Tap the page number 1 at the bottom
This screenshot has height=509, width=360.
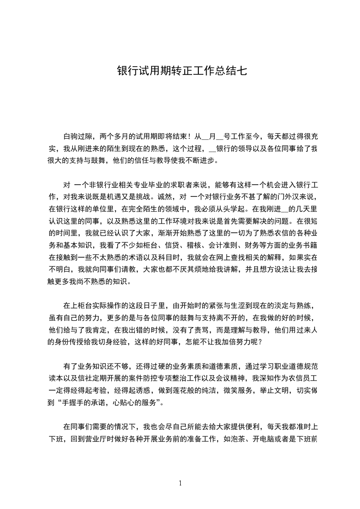coord(180,484)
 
